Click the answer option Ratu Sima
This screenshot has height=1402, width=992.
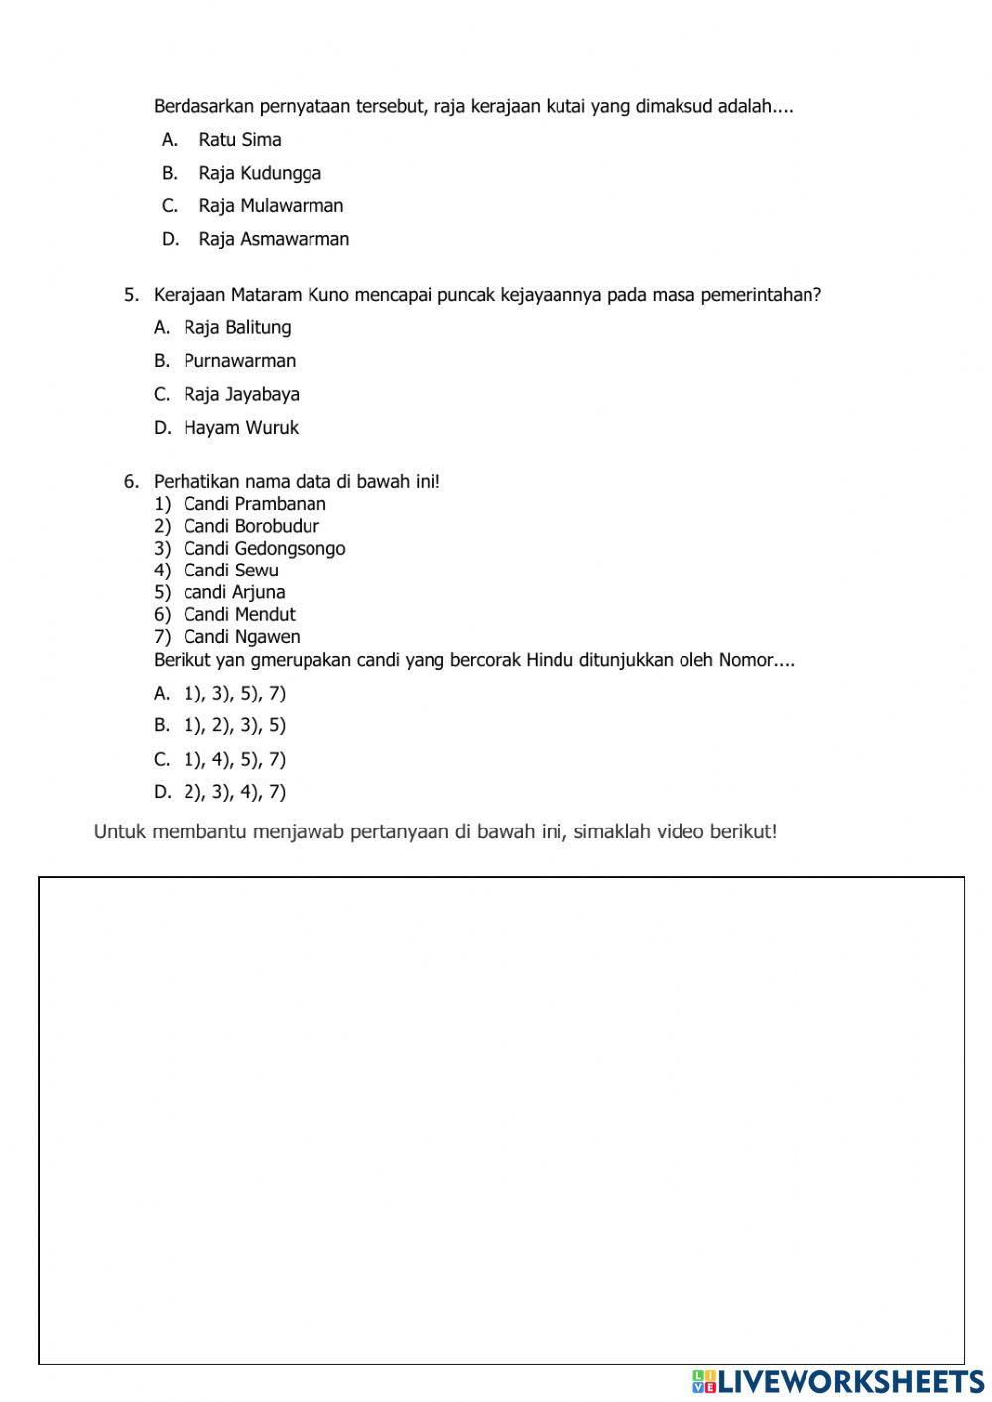tap(239, 140)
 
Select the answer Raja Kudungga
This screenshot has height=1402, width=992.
tap(259, 173)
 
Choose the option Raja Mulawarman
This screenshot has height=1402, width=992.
tap(270, 206)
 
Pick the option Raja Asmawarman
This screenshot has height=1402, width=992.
tap(273, 239)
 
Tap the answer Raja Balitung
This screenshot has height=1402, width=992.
tap(237, 327)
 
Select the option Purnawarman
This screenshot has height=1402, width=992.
tap(239, 361)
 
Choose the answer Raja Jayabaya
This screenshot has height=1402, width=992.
tap(241, 394)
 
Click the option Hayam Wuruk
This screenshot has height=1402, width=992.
tap(240, 428)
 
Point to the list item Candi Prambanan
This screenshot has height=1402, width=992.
tap(254, 504)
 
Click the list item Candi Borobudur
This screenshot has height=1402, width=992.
tap(251, 526)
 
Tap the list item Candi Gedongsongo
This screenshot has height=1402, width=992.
tap(264, 548)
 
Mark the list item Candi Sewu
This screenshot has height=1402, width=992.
tap(230, 571)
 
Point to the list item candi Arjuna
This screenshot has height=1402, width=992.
tap(234, 592)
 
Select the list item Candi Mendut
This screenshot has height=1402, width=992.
tap(239, 614)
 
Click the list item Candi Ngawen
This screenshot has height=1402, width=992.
tap(241, 637)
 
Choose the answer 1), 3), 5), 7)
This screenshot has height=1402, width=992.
tap(234, 694)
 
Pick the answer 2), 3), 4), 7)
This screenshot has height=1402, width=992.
tap(234, 792)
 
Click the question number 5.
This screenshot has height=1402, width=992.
tap(131, 295)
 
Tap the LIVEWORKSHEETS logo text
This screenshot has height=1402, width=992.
tap(849, 1381)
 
